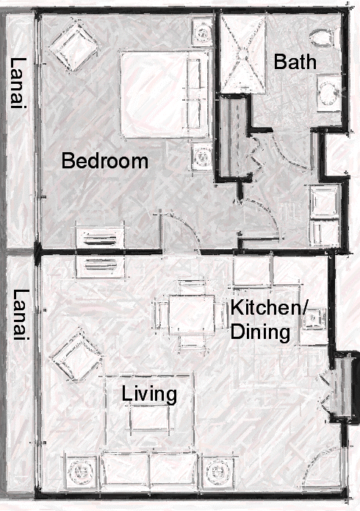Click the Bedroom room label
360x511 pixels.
click(x=105, y=161)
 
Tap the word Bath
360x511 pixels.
click(x=295, y=62)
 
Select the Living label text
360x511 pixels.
click(x=149, y=394)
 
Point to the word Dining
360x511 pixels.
click(x=260, y=333)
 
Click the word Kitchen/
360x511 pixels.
click(x=268, y=308)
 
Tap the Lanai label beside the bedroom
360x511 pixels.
click(x=18, y=83)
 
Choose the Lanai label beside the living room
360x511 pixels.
click(x=21, y=315)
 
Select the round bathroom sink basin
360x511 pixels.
click(x=328, y=93)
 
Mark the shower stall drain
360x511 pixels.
click(x=243, y=51)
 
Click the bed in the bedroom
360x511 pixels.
click(x=165, y=94)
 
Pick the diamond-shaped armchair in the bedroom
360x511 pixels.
click(x=73, y=46)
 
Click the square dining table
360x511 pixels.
click(x=192, y=314)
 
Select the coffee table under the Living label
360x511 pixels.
click(x=150, y=418)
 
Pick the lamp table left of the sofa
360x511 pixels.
click(x=81, y=471)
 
